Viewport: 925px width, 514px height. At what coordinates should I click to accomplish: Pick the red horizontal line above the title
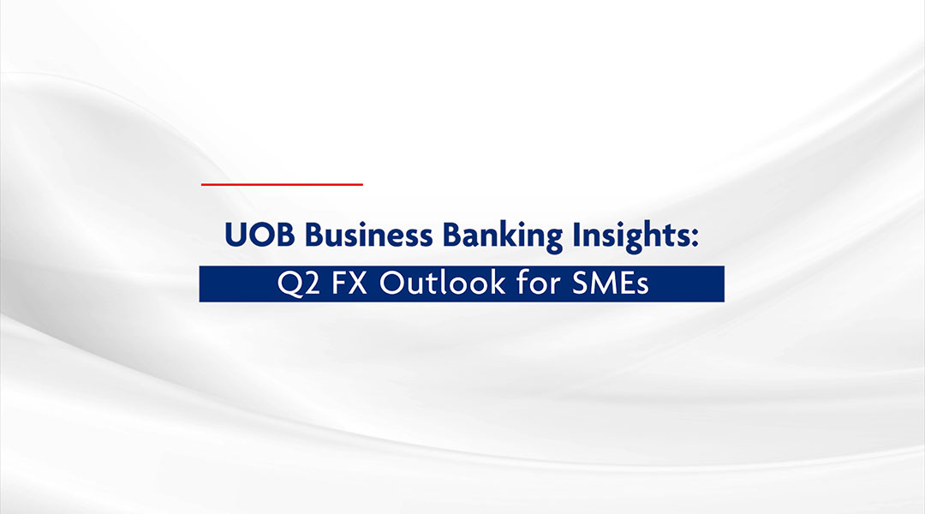point(282,184)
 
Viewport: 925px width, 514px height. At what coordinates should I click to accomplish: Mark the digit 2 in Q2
point(305,284)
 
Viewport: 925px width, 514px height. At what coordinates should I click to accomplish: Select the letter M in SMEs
point(603,284)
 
